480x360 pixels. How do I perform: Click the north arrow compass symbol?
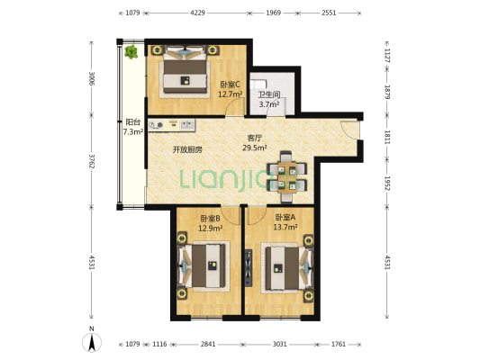pos(92,342)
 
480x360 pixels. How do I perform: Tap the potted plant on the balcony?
pos(131,51)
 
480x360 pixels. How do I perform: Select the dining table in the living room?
pos(287,176)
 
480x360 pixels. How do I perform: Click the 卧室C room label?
pos(231,84)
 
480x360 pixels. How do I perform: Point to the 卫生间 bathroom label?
pos(269,94)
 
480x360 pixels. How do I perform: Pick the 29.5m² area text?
pos(255,148)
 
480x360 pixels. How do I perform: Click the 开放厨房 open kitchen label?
pos(187,149)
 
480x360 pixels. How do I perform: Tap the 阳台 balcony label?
pos(133,122)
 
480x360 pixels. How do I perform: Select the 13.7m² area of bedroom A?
pos(285,227)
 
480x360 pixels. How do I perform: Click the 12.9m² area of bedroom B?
pos(210,229)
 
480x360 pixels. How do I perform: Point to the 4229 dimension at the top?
pos(197,13)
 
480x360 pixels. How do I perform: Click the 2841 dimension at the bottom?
pos(208,345)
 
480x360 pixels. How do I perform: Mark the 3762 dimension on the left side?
pos(91,161)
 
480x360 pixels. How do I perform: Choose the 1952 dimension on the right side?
pos(387,184)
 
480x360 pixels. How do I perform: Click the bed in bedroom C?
pos(185,72)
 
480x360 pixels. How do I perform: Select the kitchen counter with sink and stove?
pos(172,125)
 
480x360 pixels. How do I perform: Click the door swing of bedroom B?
pos(231,216)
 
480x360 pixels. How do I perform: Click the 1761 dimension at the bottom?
pos(339,345)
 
